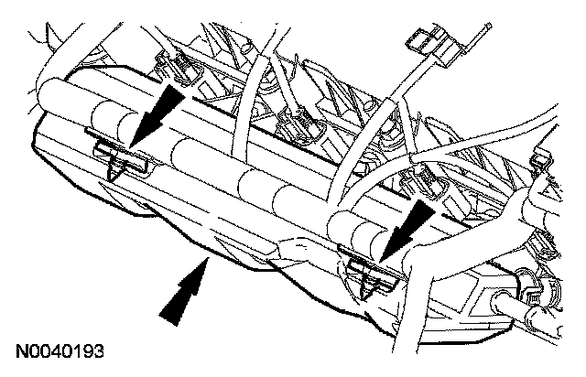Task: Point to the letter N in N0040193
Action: [20, 350]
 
